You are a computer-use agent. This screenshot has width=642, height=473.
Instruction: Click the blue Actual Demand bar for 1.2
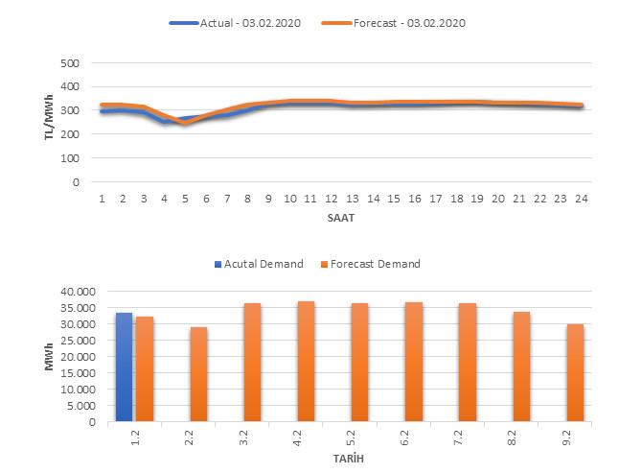(124, 367)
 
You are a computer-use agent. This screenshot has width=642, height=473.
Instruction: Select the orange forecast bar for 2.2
(198, 374)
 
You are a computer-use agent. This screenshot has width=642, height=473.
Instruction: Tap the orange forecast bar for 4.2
(306, 362)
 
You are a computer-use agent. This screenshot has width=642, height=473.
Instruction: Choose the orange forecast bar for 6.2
(413, 362)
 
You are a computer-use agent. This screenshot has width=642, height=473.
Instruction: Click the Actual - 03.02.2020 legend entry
(235, 22)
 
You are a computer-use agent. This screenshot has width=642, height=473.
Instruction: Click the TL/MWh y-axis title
(49, 123)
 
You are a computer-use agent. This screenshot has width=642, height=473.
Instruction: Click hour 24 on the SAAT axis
(581, 198)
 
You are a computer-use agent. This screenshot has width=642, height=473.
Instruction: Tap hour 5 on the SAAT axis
(185, 198)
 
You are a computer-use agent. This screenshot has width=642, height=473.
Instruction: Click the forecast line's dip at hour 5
(185, 123)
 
